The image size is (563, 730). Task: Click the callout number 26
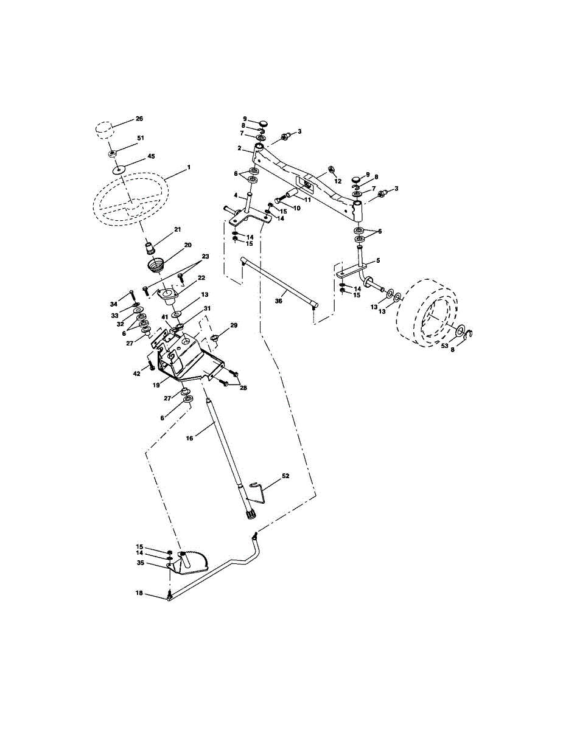point(139,119)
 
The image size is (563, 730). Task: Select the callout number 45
point(151,156)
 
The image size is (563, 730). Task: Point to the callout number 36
point(279,301)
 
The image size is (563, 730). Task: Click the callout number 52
point(285,476)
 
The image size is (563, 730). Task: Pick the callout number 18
point(139,593)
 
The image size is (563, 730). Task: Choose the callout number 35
point(141,562)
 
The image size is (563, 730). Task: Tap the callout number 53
point(445,346)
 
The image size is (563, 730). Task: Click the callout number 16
point(189,438)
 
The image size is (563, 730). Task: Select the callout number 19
point(156,385)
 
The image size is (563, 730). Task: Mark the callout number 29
point(234,325)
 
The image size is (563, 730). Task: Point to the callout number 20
point(187,245)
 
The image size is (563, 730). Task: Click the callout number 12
point(338,181)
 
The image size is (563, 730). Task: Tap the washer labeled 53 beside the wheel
point(461,330)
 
